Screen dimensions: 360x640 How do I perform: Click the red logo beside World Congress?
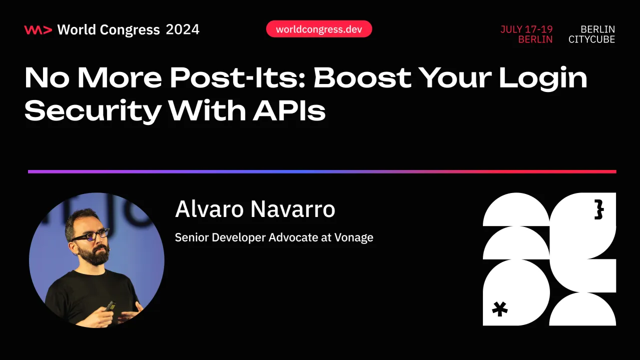[x=38, y=30]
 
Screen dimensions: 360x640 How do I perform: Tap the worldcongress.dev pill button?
[x=319, y=29]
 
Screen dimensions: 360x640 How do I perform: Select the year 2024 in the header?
[x=183, y=30]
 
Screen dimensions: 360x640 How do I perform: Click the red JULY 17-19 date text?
[x=526, y=29]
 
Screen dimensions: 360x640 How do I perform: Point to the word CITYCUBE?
[x=591, y=39]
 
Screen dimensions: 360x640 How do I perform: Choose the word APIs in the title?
[x=289, y=110]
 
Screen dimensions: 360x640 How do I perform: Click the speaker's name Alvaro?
[x=209, y=209]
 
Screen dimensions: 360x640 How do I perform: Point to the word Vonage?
[x=354, y=237]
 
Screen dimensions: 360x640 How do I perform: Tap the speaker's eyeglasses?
[x=92, y=234]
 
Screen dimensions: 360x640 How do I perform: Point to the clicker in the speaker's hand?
[x=110, y=305]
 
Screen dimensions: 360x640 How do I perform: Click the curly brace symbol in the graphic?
[x=599, y=210]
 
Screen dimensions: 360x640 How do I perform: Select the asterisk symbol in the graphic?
[x=499, y=308]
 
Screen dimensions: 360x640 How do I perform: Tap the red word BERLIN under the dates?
[x=535, y=39]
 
